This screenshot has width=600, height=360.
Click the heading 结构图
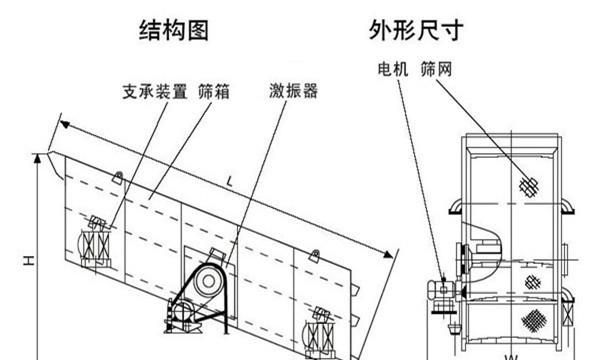(174, 31)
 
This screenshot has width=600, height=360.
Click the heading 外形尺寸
(416, 30)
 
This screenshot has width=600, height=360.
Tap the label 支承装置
(155, 92)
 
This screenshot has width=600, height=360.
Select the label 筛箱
(214, 92)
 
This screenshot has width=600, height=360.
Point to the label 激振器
(293, 91)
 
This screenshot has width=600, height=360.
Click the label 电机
(393, 69)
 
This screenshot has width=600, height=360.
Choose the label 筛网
(437, 69)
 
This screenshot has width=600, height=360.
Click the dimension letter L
(229, 181)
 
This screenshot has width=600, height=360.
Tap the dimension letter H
(29, 261)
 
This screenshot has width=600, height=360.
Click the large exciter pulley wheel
(208, 281)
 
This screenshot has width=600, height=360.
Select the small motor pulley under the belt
(183, 311)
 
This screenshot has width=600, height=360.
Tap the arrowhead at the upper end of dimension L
(65, 124)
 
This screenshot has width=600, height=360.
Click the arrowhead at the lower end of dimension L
(388, 254)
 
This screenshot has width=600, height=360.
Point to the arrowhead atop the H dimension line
(37, 159)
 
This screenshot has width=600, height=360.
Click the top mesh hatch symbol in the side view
(529, 187)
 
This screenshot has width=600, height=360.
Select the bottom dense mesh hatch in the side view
(533, 319)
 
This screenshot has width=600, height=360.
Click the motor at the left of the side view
(442, 290)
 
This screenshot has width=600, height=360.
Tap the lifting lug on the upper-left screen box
(117, 177)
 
